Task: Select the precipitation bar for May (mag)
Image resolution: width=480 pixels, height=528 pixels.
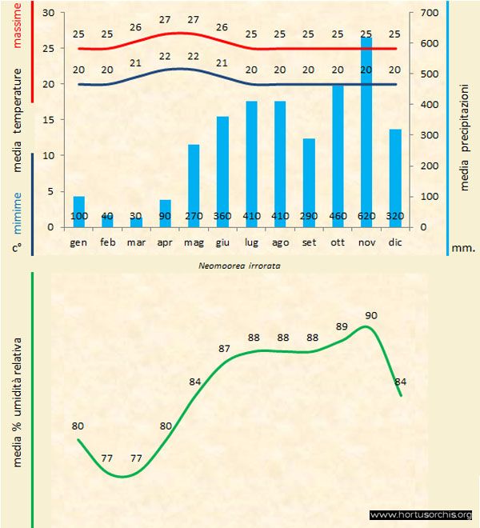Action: tap(194, 185)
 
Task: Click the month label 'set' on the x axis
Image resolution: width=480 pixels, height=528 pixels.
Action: tap(309, 241)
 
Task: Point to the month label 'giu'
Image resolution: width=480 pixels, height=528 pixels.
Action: tap(222, 241)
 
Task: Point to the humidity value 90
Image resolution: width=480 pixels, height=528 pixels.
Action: tap(371, 315)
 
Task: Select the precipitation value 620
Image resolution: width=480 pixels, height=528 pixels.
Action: tap(366, 216)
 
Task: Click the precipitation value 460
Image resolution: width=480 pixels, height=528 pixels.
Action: tap(338, 216)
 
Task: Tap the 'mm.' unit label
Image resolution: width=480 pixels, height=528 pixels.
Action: tap(463, 248)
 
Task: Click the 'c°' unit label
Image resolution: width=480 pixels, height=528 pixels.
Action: tap(16, 248)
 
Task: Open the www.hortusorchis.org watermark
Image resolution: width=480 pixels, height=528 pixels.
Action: tap(421, 514)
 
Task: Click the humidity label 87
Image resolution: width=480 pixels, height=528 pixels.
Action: tap(225, 349)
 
